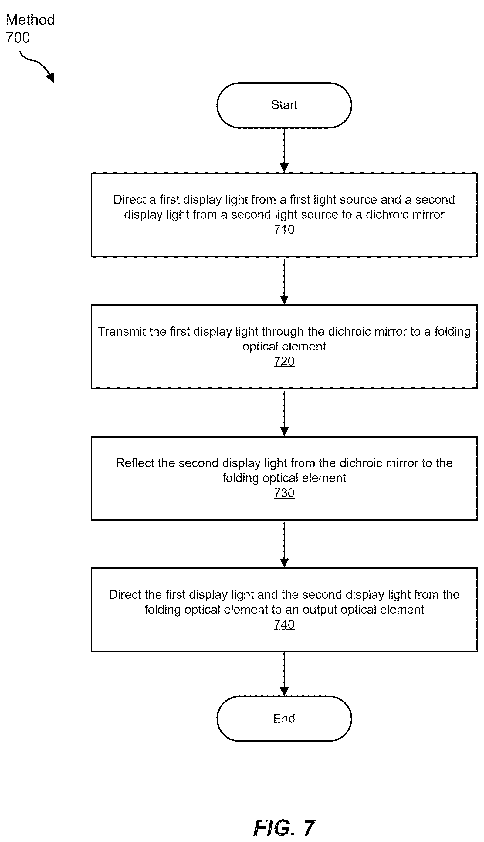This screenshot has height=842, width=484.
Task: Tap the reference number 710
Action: (x=284, y=230)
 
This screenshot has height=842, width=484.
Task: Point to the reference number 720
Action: (x=284, y=361)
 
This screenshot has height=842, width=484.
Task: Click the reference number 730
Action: (x=284, y=493)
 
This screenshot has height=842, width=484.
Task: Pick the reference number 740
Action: (x=284, y=625)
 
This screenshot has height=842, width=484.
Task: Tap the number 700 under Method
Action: (x=18, y=38)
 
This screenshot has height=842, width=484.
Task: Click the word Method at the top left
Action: (x=30, y=20)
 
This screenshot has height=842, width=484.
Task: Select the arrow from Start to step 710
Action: (x=284, y=150)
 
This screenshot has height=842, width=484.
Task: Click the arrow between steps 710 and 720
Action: (x=284, y=282)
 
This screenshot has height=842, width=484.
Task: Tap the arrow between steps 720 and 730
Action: (x=284, y=413)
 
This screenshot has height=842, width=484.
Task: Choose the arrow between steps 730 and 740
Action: (x=284, y=545)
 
